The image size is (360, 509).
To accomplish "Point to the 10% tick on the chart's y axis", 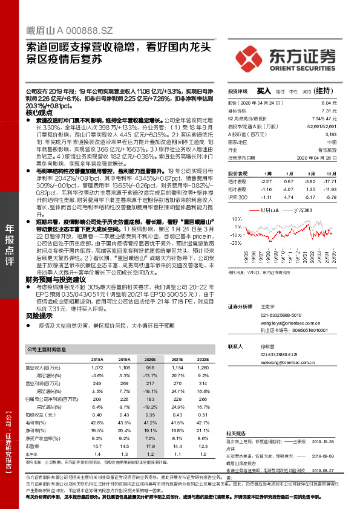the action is pos(232,219).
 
